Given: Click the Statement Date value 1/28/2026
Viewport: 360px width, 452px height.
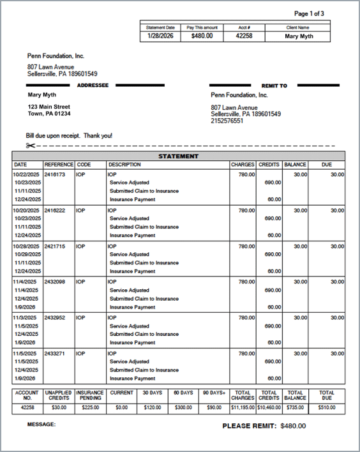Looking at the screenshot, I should (160, 36).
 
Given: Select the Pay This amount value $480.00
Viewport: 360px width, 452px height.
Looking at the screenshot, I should (202, 36).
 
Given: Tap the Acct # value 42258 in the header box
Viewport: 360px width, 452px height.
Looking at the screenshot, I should (244, 36).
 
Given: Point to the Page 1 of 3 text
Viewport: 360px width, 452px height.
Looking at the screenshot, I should (309, 13).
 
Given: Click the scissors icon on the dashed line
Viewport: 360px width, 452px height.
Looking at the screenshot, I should (31, 146).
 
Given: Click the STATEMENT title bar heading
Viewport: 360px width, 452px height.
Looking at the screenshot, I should (178, 156).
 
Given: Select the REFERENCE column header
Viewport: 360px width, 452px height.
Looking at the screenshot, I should (59, 165).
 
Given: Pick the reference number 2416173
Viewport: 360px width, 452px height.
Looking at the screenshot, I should (55, 174).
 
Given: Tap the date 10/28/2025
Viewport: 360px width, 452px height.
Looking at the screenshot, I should (27, 246).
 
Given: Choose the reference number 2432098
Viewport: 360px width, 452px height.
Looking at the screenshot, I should (55, 282).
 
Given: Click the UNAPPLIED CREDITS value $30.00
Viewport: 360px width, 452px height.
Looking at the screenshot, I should (59, 407).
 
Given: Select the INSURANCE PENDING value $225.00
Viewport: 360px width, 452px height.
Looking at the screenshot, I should (90, 407).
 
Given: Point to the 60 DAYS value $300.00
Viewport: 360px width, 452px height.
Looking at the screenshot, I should (183, 407).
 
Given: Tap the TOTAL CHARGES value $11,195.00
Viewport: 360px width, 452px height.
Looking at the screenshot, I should (243, 407).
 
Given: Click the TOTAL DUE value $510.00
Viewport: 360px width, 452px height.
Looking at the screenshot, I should (327, 407).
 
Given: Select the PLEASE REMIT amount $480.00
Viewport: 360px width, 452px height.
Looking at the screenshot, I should (293, 426).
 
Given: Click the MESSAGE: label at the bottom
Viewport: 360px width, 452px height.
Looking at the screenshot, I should (41, 424).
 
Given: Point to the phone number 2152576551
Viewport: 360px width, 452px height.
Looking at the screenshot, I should (227, 121).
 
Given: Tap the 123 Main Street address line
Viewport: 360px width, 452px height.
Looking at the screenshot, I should (49, 107).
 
